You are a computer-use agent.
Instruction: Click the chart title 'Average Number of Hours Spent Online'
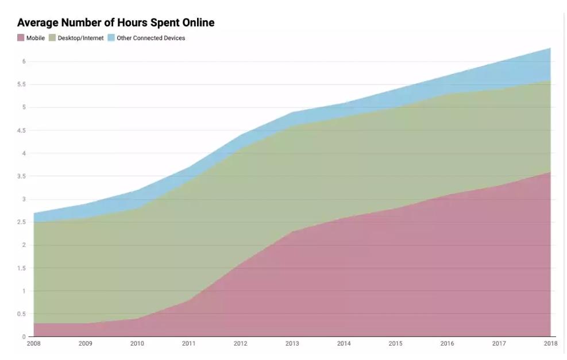(115, 23)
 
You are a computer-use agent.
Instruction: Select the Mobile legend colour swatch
(21, 38)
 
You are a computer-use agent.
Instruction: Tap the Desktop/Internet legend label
(82, 38)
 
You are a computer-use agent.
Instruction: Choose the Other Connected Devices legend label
(151, 38)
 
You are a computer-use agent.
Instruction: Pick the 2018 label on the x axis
(550, 343)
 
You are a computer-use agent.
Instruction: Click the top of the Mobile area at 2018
(550, 172)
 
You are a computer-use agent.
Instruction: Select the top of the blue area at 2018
(550, 48)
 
